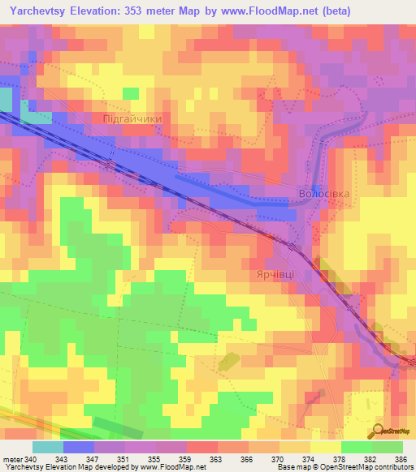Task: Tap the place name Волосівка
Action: [x=324, y=195]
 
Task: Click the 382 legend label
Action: [x=370, y=458]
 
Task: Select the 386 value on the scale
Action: [x=402, y=458]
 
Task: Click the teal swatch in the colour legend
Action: [x=48, y=447]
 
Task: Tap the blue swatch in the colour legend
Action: [x=79, y=447]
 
